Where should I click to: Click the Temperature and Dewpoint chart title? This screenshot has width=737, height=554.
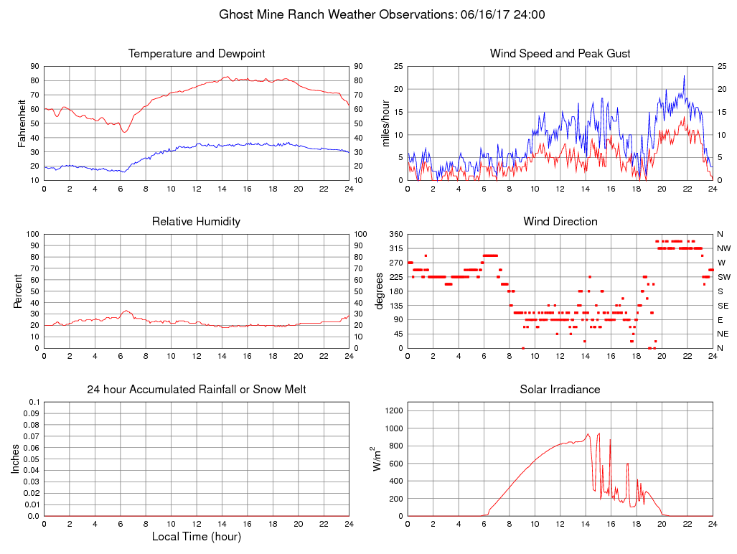pyautogui.click(x=196, y=54)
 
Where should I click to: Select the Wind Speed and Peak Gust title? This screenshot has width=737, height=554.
pyautogui.click(x=560, y=54)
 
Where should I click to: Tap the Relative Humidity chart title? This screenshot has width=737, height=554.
pyautogui.click(x=196, y=222)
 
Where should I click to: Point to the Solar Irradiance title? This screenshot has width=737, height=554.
pyautogui.click(x=560, y=390)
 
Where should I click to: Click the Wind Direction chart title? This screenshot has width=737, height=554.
pyautogui.click(x=560, y=222)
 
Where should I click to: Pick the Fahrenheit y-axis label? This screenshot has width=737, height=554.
pyautogui.click(x=22, y=123)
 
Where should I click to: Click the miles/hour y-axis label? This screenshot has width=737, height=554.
pyautogui.click(x=385, y=123)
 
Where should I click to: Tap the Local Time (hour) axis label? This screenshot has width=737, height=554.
pyautogui.click(x=196, y=537)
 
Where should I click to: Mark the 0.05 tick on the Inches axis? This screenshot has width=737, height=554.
pyautogui.click(x=32, y=459)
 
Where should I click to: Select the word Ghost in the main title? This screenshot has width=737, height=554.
pyautogui.click(x=235, y=14)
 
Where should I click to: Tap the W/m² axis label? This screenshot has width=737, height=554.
pyautogui.click(x=376, y=459)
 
